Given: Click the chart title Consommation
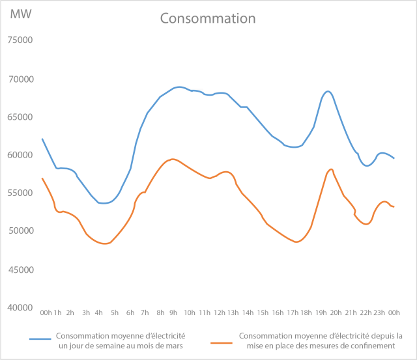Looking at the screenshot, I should click(208, 18).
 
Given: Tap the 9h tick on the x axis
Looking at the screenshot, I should click(174, 313).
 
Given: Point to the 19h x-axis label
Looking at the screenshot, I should click(321, 313).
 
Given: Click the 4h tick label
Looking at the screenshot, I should click(99, 313).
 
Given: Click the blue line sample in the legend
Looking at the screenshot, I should click(40, 339).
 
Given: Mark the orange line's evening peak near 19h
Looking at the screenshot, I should click(332, 169).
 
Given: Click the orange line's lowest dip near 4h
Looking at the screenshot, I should click(104, 243).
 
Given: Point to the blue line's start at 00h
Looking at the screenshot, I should click(42, 139).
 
